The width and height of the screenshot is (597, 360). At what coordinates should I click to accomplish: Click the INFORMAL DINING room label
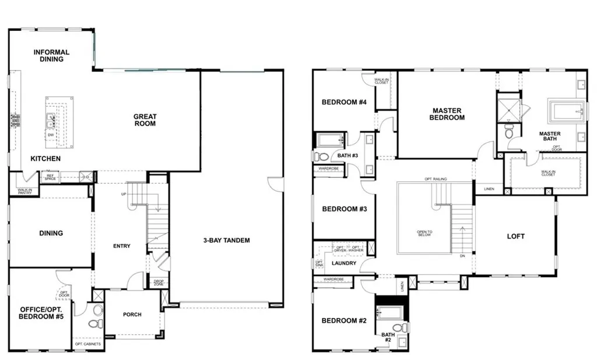coord(51,55)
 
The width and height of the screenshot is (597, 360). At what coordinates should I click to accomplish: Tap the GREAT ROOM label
coord(145,120)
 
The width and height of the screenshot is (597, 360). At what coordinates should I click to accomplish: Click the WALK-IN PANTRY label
coord(24,191)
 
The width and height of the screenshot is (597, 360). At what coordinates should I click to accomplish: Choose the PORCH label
coord(132,314)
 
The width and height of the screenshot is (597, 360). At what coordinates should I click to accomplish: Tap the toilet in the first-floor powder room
coord(95,323)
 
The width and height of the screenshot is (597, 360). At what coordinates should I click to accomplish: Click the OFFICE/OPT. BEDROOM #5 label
coord(41,313)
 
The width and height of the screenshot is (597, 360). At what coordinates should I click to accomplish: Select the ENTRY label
coord(121,246)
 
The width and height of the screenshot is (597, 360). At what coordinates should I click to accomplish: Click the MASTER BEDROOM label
coord(448,114)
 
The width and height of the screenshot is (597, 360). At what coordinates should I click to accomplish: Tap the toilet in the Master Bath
coord(509,132)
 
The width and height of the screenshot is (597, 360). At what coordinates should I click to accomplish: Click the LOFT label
coord(515,236)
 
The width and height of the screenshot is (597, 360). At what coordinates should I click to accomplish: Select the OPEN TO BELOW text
coord(424,234)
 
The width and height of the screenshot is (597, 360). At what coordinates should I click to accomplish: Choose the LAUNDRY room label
coord(344,263)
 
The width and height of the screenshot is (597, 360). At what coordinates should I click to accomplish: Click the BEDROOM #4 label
coord(344,102)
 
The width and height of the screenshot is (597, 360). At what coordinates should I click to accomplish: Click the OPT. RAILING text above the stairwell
coord(436,179)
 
